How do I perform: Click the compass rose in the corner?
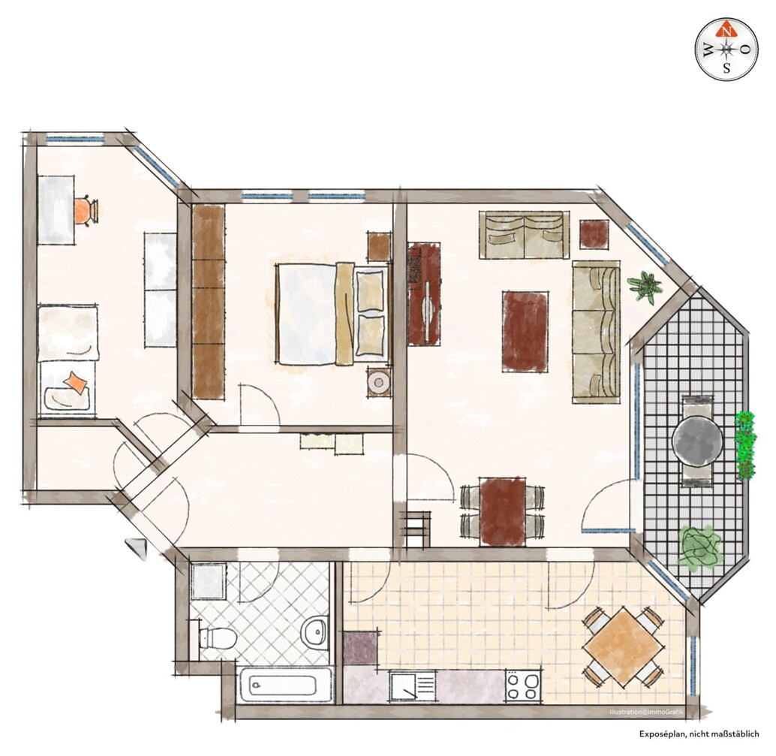point(726,50)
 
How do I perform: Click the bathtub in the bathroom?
point(283,685)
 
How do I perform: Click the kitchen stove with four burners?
point(523,685)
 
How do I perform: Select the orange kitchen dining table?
point(623,646)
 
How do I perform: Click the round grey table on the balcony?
point(698,442)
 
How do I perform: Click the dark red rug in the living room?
point(525,331)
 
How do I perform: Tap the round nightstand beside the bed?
point(379,382)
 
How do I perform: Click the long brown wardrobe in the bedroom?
point(209,301)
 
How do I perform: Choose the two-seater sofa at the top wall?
point(523,234)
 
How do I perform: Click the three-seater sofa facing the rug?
point(597,329)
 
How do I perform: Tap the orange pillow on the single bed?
point(75,383)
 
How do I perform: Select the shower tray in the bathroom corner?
point(207,581)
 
